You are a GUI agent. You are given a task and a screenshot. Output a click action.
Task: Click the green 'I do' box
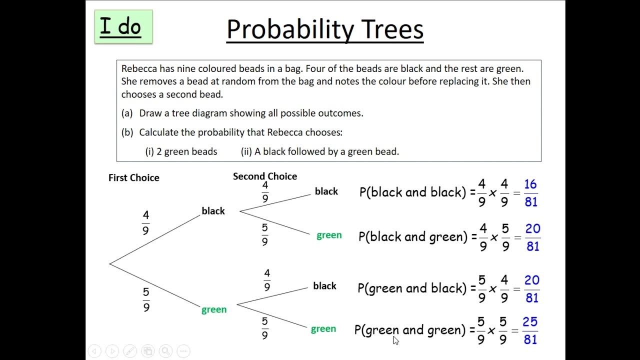[x=123, y=26]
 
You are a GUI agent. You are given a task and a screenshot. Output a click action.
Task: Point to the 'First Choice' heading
[x=133, y=177]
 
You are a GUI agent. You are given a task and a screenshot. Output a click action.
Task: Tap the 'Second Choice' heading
[x=264, y=176]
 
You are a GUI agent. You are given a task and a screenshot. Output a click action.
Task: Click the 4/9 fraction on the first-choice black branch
[x=145, y=222]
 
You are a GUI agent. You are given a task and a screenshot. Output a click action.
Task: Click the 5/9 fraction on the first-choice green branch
[x=146, y=299]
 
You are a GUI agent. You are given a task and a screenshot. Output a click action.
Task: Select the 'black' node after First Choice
[x=213, y=211]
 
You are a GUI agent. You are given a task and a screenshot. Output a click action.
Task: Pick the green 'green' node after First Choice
[x=214, y=309]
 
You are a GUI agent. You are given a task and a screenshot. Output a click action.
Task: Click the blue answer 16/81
[x=531, y=193]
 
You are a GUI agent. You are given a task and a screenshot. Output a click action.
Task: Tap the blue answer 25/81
[x=530, y=330]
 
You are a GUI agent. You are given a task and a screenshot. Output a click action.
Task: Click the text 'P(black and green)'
[x=413, y=236]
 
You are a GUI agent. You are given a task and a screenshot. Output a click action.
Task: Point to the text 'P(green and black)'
[x=412, y=288]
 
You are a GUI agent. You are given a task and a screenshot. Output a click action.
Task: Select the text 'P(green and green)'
[x=410, y=330]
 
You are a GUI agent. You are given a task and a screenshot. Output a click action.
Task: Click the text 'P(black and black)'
[x=413, y=192]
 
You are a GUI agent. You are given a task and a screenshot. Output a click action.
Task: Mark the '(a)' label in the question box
[x=127, y=113]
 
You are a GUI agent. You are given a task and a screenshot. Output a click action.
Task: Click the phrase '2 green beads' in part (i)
[x=186, y=151]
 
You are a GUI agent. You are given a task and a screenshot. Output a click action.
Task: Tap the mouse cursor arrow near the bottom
[x=396, y=340]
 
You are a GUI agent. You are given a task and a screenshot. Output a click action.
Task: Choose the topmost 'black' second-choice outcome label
[x=326, y=191]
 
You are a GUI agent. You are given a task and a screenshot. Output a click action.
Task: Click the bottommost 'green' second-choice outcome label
[x=323, y=329]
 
